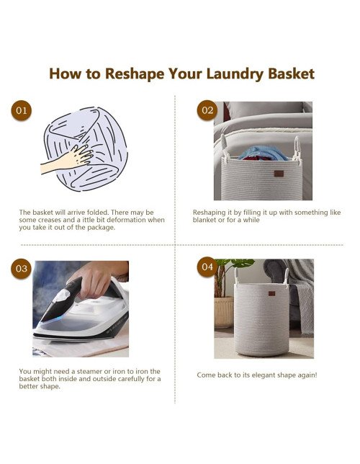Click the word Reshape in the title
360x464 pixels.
135,74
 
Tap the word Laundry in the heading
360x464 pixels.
235,74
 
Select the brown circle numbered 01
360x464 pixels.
22,110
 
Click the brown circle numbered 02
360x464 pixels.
207,110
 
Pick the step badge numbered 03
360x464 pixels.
22,269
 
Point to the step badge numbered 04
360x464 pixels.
207,267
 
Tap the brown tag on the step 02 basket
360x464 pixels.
279,174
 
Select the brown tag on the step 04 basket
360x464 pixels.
271,293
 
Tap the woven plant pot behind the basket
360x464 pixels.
224,312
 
